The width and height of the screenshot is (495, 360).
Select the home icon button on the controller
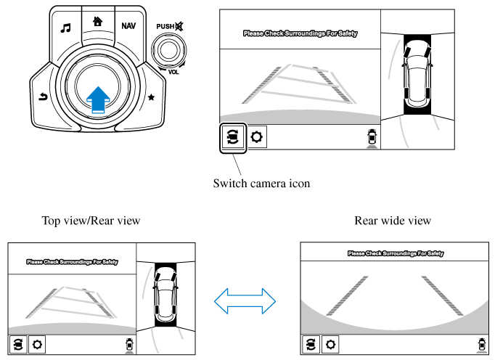tap(97, 22)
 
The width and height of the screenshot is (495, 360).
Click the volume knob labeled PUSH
tap(168, 49)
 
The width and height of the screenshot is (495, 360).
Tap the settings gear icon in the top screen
tap(257, 136)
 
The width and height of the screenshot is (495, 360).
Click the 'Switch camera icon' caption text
tap(261, 183)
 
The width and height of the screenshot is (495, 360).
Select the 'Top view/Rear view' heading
tap(91, 220)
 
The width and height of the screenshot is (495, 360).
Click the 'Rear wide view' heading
tap(393, 220)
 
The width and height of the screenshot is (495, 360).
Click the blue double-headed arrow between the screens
tap(247, 298)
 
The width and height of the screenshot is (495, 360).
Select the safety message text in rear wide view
tap(396, 253)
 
